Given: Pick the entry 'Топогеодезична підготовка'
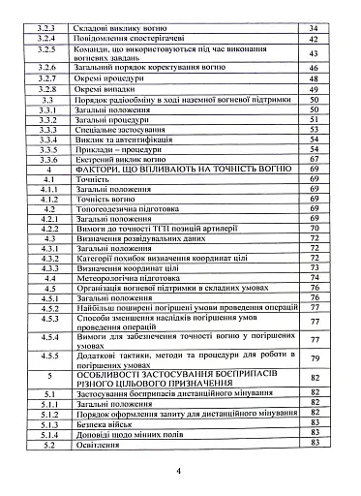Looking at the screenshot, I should [x=141, y=204].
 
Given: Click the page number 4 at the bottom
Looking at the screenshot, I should [x=180, y=472].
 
